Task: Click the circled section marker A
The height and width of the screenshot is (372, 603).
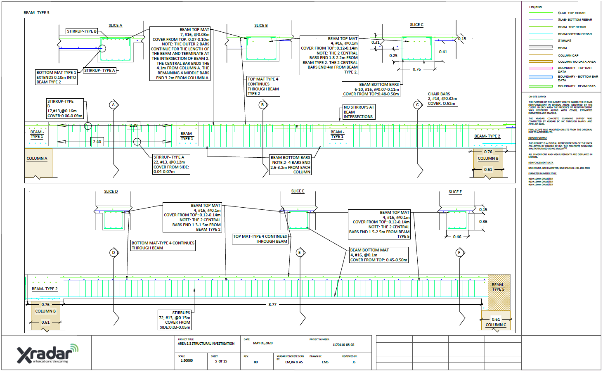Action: pyautogui.click(x=114, y=105)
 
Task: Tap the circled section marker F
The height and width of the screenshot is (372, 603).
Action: pyautogui.click(x=459, y=253)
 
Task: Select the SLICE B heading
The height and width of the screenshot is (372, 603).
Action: pyautogui.click(x=261, y=26)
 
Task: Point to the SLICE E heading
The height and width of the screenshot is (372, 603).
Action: pyautogui.click(x=298, y=191)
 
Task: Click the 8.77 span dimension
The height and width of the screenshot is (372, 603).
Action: pyautogui.click(x=272, y=305)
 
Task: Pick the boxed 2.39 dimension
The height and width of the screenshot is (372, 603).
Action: pyautogui.click(x=133, y=126)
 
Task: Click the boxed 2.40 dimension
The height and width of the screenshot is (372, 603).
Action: pyautogui.click(x=97, y=142)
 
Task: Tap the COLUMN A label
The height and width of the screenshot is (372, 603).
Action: pyautogui.click(x=37, y=159)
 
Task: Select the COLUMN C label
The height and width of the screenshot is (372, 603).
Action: pyautogui.click(x=496, y=325)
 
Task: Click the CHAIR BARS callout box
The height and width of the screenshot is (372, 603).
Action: pyautogui.click(x=442, y=99)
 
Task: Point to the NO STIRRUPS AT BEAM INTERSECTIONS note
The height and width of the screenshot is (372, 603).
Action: pyautogui.click(x=359, y=112)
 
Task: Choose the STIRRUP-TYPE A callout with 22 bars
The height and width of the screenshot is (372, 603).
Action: pyautogui.click(x=171, y=164)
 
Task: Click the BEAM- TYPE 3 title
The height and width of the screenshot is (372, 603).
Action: pyautogui.click(x=36, y=13)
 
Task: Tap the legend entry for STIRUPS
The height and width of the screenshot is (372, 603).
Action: pyautogui.click(x=565, y=41)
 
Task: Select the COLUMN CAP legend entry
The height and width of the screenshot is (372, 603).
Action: pyautogui.click(x=568, y=55)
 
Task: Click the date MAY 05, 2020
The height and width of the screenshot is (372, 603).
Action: pyautogui.click(x=262, y=343)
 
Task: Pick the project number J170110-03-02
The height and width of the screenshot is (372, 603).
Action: pyautogui.click(x=343, y=345)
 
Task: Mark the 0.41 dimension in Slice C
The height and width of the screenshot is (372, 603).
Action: pyautogui.click(x=443, y=52)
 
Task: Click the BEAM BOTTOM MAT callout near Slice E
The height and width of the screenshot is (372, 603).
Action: pyautogui.click(x=379, y=255)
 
